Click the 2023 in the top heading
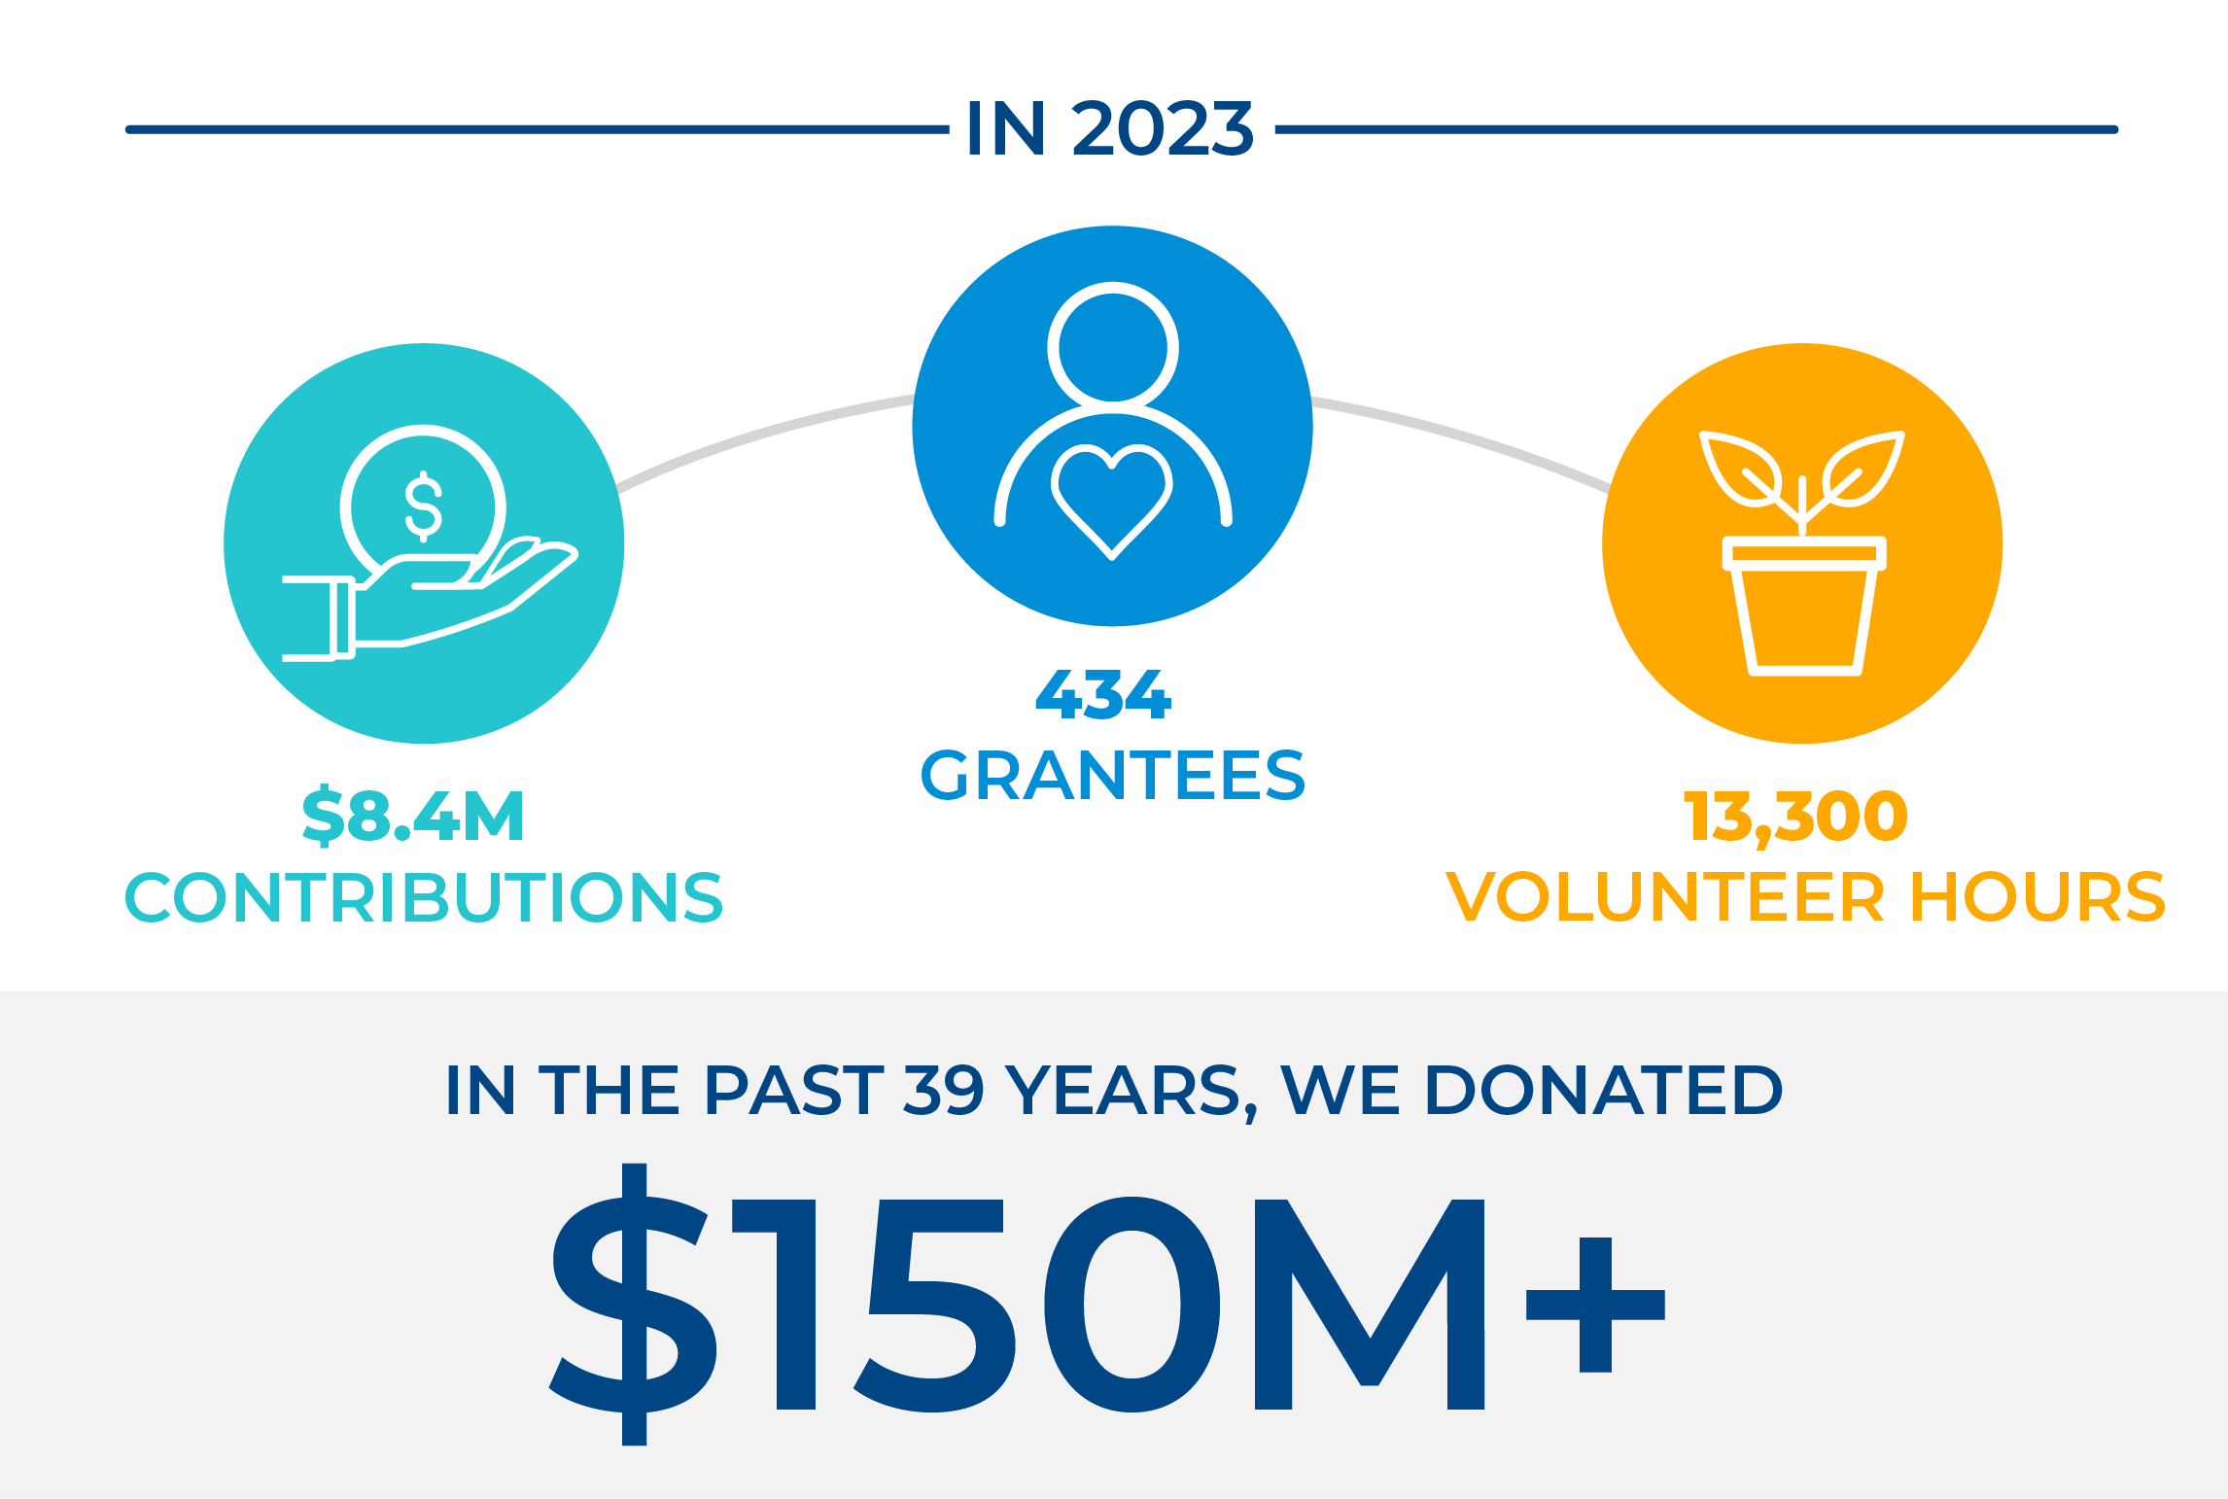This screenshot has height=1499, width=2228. coord(1163,128)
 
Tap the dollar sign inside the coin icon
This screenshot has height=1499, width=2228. coord(424,506)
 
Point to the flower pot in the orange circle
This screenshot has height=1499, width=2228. coord(1804,606)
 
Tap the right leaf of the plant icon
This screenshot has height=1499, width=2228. coord(1863,469)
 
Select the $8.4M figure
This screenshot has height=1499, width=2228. coord(413,815)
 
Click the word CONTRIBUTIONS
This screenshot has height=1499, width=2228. coord(424,896)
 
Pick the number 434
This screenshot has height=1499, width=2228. coord(1104,694)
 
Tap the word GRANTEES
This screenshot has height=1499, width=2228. coord(1113,775)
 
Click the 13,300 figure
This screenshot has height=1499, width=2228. coord(1795,817)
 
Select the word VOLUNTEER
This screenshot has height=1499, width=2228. coord(1665,896)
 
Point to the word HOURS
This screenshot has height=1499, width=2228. coord(2038,896)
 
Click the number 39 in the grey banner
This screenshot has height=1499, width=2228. coord(944,1090)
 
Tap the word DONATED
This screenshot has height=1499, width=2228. coord(1604,1090)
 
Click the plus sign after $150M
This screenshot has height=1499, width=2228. coord(1596,1305)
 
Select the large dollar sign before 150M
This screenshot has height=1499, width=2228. coord(634,1304)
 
